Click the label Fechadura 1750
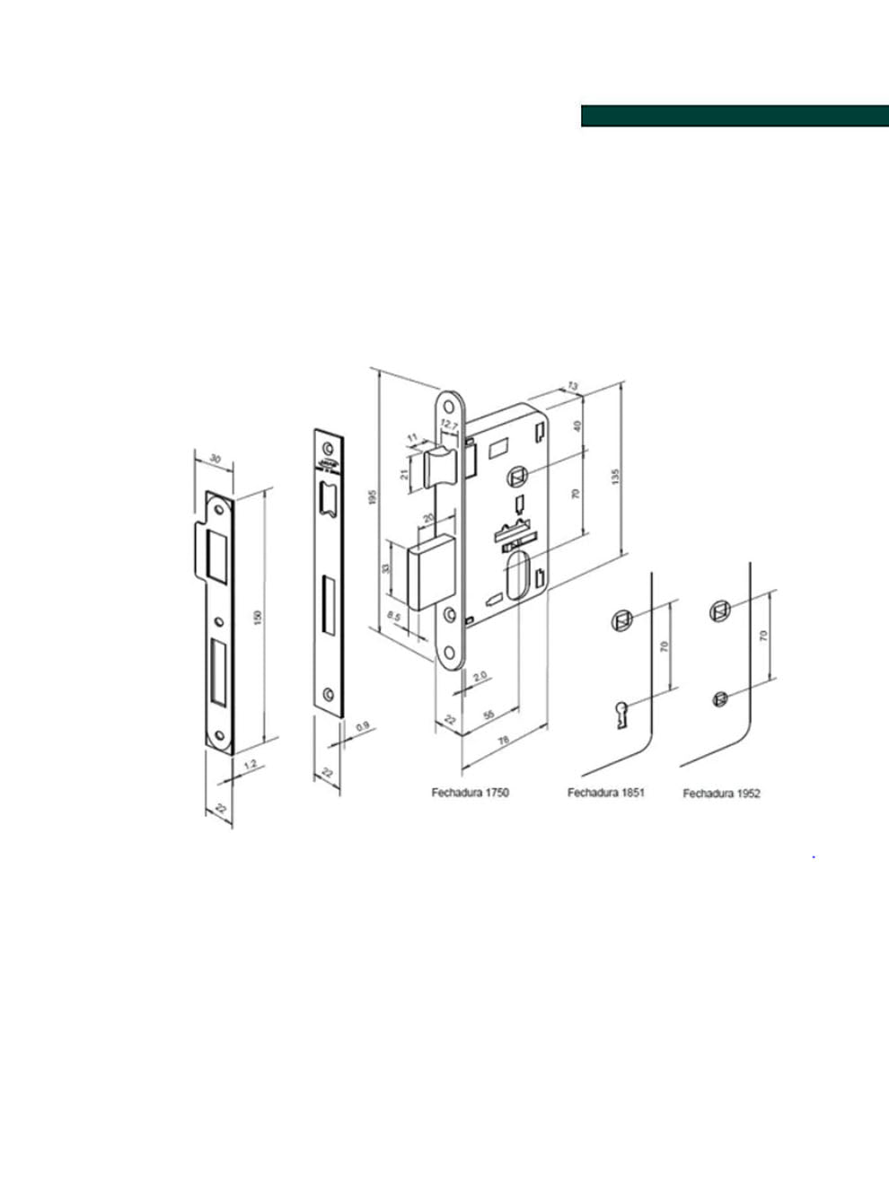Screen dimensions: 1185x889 [x=470, y=793]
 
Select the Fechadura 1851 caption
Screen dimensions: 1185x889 [x=605, y=793]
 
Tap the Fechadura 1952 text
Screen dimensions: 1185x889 [x=721, y=794]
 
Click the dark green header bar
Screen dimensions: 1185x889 [x=734, y=116]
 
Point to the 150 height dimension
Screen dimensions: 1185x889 [x=258, y=618]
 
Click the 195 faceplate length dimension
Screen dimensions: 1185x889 [x=373, y=496]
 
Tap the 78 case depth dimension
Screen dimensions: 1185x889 [x=503, y=739]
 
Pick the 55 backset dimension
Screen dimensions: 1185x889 [x=489, y=714]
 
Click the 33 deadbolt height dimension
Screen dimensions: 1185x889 [x=386, y=568]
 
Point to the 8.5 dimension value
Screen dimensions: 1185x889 [x=393, y=617]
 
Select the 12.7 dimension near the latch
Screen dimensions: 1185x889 [x=450, y=425]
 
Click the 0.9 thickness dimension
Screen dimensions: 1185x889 [x=363, y=726]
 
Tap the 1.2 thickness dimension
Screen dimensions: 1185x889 [x=251, y=765]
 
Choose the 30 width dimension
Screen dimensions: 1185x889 [x=214, y=459]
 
